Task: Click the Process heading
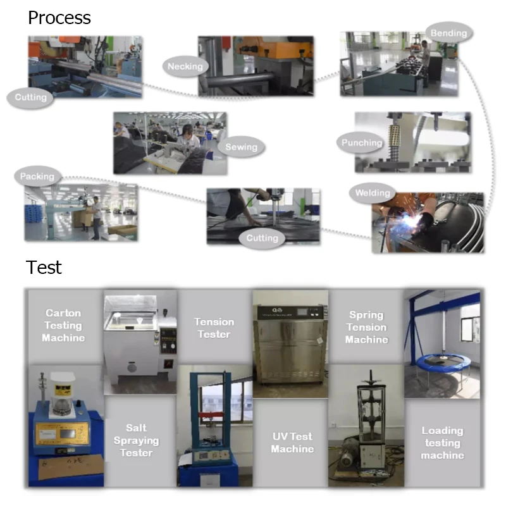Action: tap(59, 18)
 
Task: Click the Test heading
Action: tap(44, 267)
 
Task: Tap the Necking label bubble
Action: tap(185, 66)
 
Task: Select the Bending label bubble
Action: tap(449, 33)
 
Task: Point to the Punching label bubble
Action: tap(362, 143)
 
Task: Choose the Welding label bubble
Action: tap(373, 193)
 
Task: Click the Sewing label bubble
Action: tap(242, 147)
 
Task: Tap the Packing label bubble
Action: tap(37, 176)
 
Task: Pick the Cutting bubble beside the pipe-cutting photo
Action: tap(30, 97)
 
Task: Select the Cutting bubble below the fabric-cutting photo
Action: tap(262, 238)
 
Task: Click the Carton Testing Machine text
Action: tap(63, 325)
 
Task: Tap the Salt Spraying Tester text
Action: tap(136, 440)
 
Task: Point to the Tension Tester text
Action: tap(214, 328)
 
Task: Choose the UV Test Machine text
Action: tap(292, 442)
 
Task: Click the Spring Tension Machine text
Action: tap(367, 327)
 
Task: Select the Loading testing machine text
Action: tap(442, 443)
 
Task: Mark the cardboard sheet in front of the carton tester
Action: tap(70, 467)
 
